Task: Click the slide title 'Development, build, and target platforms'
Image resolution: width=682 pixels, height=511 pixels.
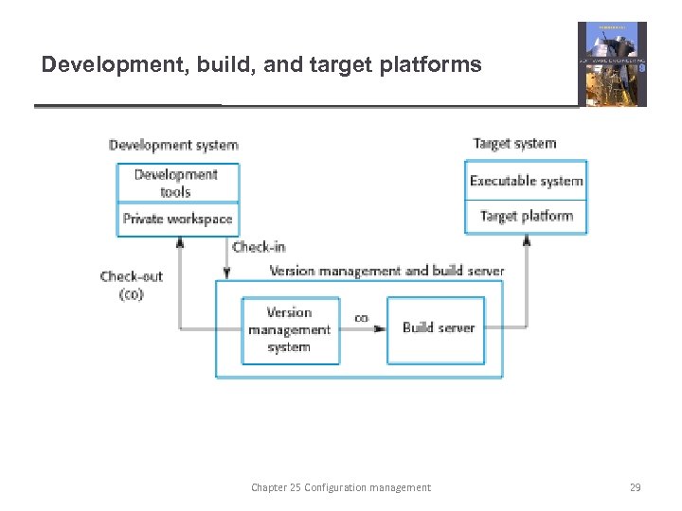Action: pyautogui.click(x=261, y=65)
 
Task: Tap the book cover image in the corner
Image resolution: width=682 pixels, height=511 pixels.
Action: pyautogui.click(x=612, y=64)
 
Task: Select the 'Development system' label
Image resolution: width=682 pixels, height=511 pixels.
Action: pyautogui.click(x=173, y=145)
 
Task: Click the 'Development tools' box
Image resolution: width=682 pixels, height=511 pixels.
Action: pyautogui.click(x=177, y=183)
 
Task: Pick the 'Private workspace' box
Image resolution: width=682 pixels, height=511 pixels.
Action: pyautogui.click(x=177, y=219)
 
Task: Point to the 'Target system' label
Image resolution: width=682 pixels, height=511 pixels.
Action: pyautogui.click(x=514, y=144)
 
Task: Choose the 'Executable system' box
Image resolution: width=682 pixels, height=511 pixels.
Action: pyautogui.click(x=526, y=181)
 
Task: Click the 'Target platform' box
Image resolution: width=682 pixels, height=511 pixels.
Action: pyautogui.click(x=526, y=217)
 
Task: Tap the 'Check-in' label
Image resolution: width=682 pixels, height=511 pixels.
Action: pyautogui.click(x=259, y=247)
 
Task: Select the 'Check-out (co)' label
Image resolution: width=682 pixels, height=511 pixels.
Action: pyautogui.click(x=131, y=285)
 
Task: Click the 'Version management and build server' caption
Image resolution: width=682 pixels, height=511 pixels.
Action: pyautogui.click(x=386, y=271)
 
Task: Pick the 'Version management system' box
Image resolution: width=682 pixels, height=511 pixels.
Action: pyautogui.click(x=289, y=329)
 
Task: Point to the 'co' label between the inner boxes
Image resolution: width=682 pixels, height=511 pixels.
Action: pyautogui.click(x=361, y=318)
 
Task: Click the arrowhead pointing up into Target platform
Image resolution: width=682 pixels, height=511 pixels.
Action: pyautogui.click(x=527, y=240)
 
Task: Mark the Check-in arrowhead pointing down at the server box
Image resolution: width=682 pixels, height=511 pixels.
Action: pyautogui.click(x=225, y=273)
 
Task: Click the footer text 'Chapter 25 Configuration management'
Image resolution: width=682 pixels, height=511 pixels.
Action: pyautogui.click(x=340, y=487)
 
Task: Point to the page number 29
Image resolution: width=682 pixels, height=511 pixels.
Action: pyautogui.click(x=635, y=487)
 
